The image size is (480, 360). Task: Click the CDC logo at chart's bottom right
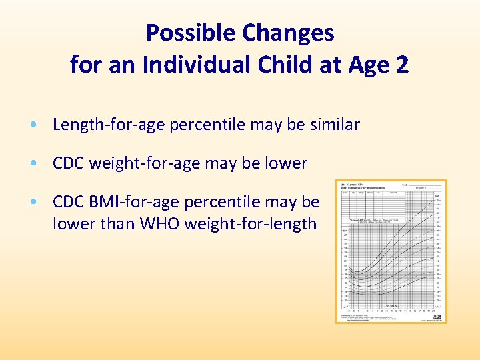437,317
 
